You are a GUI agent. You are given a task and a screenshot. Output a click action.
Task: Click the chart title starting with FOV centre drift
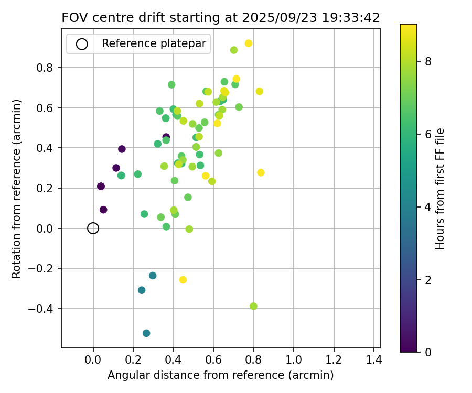click(221, 17)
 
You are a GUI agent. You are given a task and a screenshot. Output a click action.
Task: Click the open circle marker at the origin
click(93, 228)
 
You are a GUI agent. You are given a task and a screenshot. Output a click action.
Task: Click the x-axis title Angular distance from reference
click(221, 375)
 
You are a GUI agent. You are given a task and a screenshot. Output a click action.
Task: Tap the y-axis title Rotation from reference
click(16, 189)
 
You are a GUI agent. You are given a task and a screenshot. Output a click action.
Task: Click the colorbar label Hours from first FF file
click(441, 189)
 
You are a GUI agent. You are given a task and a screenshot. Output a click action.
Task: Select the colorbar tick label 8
click(428, 62)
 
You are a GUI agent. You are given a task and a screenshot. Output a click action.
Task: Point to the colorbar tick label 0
click(428, 352)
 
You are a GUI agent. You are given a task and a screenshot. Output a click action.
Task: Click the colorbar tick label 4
click(428, 207)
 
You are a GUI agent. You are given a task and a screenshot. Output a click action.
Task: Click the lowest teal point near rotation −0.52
click(146, 333)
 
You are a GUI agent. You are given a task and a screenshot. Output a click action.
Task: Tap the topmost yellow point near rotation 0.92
click(249, 43)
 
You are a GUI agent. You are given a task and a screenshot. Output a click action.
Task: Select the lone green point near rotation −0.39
click(254, 307)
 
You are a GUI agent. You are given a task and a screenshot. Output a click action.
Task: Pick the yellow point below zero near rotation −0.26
click(183, 280)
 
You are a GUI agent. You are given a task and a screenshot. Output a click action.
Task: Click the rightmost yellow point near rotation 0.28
click(261, 173)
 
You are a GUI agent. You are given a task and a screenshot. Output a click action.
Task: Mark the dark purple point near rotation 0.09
click(103, 210)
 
